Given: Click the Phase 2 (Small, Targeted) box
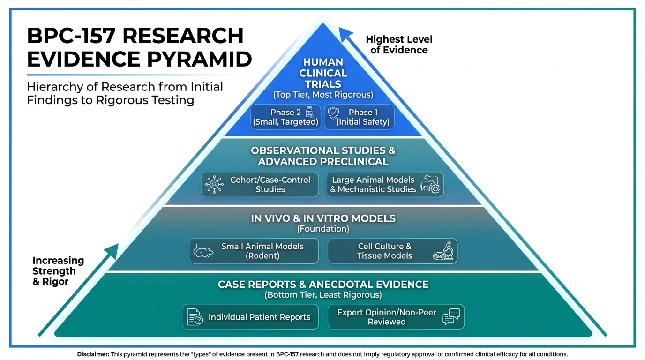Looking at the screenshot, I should (x=286, y=117).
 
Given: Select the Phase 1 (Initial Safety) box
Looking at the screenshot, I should (x=360, y=117).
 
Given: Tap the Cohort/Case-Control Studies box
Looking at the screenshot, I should (x=260, y=184).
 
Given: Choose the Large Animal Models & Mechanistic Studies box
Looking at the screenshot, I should (x=385, y=184).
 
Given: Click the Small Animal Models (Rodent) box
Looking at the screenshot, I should (x=254, y=251).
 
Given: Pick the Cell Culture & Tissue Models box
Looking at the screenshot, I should (x=392, y=251).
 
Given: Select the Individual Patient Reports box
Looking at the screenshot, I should (x=250, y=317).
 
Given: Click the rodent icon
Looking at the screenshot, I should (x=203, y=252).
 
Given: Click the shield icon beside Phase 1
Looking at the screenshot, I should (x=333, y=113).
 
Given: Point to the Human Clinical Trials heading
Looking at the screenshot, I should (x=323, y=73).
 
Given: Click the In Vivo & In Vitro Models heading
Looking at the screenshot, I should (x=323, y=218).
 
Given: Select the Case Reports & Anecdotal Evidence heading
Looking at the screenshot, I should (x=323, y=285).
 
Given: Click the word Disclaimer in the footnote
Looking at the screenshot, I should (x=93, y=354).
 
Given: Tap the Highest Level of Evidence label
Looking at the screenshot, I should (x=399, y=45).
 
